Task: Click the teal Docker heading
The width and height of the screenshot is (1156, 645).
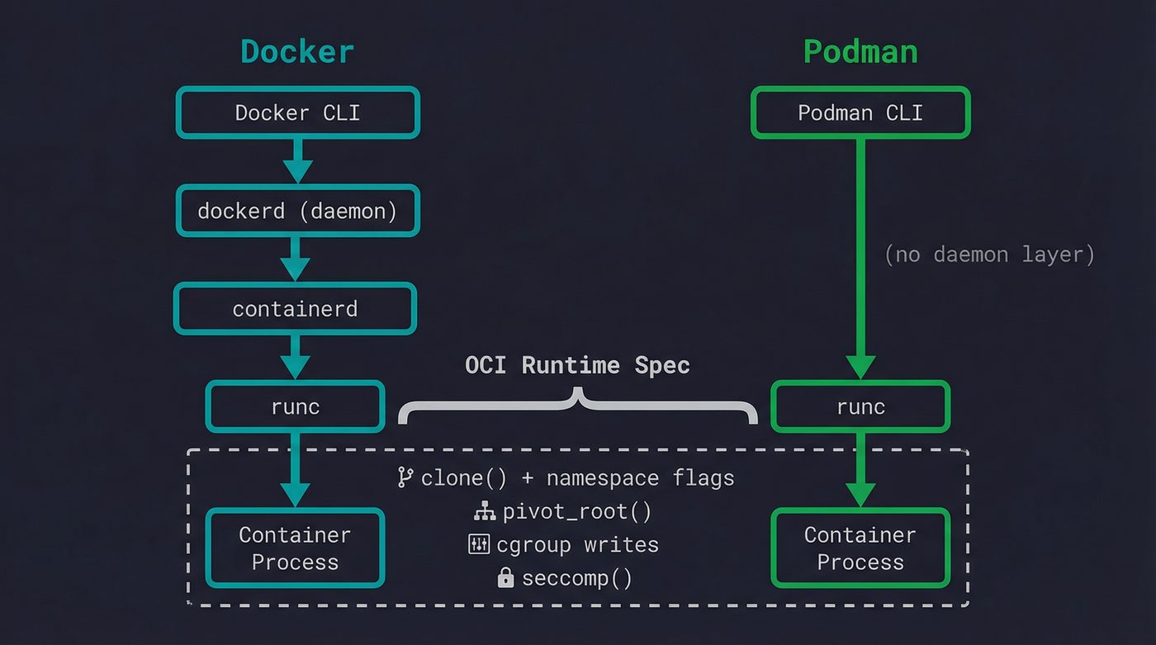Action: click(297, 51)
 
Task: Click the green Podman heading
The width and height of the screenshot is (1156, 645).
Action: click(860, 51)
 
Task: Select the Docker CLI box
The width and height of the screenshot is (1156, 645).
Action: click(297, 112)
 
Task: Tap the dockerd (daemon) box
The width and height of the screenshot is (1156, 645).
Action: click(297, 211)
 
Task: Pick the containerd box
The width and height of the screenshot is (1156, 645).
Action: click(295, 309)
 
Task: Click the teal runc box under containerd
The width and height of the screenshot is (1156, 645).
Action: click(295, 406)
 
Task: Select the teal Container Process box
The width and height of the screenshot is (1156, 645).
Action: click(295, 548)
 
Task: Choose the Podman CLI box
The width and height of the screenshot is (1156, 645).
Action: click(860, 112)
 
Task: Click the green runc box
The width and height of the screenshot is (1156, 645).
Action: click(860, 406)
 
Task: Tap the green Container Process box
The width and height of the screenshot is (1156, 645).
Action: click(860, 548)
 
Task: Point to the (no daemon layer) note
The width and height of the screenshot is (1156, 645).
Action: click(989, 254)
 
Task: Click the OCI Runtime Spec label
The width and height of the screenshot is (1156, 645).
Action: click(577, 365)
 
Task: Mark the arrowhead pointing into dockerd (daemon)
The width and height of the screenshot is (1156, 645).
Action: click(297, 172)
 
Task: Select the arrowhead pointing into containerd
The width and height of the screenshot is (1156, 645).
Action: click(295, 269)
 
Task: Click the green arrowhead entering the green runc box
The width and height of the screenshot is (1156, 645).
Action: click(860, 367)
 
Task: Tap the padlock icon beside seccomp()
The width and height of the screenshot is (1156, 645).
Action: click(505, 578)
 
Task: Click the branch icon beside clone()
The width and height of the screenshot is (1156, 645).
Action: click(405, 477)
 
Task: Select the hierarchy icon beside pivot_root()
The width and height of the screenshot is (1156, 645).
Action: click(485, 512)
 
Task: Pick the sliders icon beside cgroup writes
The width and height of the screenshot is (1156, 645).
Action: click(479, 544)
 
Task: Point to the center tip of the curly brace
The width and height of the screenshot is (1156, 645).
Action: click(578, 394)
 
